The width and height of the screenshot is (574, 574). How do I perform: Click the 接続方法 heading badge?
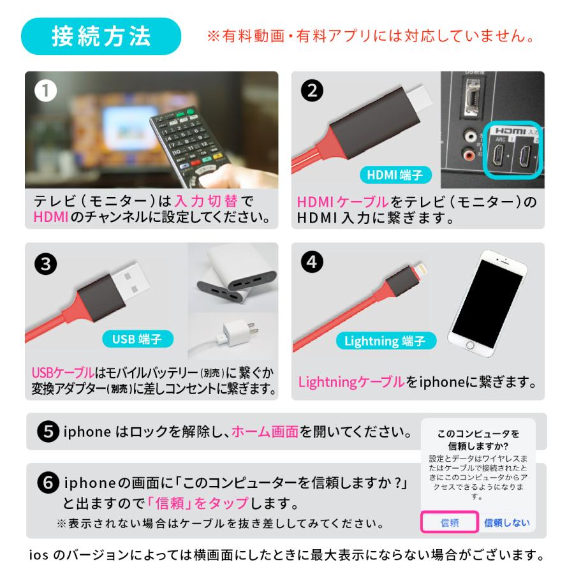click(101, 36)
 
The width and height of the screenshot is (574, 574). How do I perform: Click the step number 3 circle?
click(45, 264)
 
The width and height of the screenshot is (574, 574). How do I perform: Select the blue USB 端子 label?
click(137, 339)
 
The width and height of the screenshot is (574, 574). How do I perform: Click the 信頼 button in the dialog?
click(449, 523)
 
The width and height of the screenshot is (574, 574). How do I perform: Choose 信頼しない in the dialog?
click(506, 523)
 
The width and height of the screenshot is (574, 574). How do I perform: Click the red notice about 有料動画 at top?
click(370, 36)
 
